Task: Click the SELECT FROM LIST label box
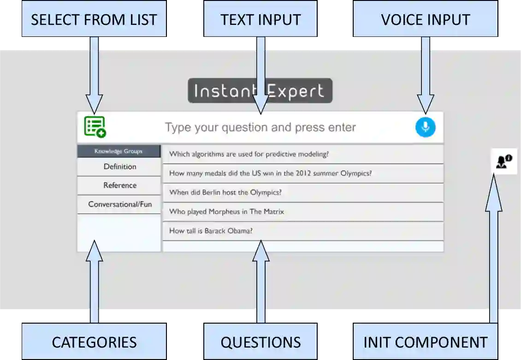(x=94, y=19)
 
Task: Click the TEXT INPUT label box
(x=260, y=19)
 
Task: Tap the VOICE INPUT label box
(x=425, y=19)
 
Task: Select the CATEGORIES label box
(x=94, y=342)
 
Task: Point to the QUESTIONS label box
(x=260, y=342)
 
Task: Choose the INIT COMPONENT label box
(x=425, y=342)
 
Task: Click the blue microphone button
(x=425, y=127)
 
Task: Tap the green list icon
(x=95, y=127)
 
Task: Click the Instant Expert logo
(x=260, y=91)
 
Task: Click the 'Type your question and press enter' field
(x=260, y=127)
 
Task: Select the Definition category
(x=119, y=167)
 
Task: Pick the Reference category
(x=119, y=185)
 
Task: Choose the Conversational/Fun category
(x=119, y=204)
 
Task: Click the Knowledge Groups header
(x=118, y=151)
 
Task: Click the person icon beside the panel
(x=503, y=161)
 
